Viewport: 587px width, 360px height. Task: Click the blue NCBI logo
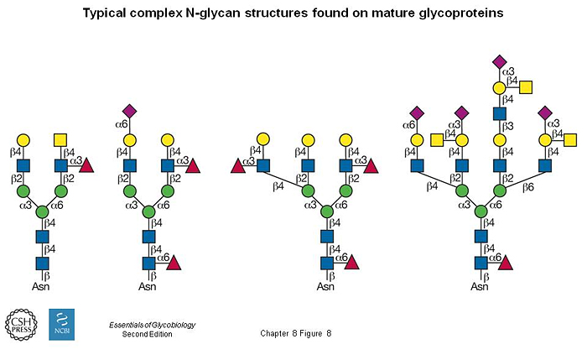(x=62, y=324)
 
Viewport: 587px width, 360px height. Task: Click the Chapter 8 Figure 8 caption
(x=297, y=333)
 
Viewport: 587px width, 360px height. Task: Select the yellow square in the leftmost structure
(x=61, y=138)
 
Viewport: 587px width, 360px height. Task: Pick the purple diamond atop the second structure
(x=130, y=110)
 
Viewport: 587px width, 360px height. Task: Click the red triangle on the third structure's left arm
(x=237, y=166)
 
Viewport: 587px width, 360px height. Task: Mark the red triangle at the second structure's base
(x=175, y=264)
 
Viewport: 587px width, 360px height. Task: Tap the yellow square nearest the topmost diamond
(x=527, y=87)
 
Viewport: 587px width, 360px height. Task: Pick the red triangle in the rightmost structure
(x=506, y=264)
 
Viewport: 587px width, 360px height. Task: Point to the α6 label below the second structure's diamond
(x=121, y=125)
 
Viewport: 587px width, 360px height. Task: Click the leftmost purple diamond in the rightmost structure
(x=417, y=112)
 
